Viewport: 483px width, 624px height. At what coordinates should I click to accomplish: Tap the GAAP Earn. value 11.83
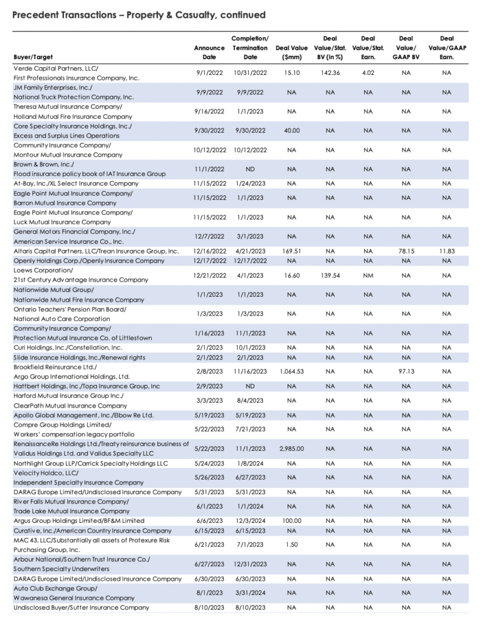click(446, 251)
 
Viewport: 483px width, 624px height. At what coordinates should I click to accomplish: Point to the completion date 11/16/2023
click(250, 371)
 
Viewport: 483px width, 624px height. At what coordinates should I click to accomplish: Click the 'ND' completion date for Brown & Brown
click(250, 169)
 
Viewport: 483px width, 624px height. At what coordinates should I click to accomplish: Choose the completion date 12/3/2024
click(250, 520)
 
